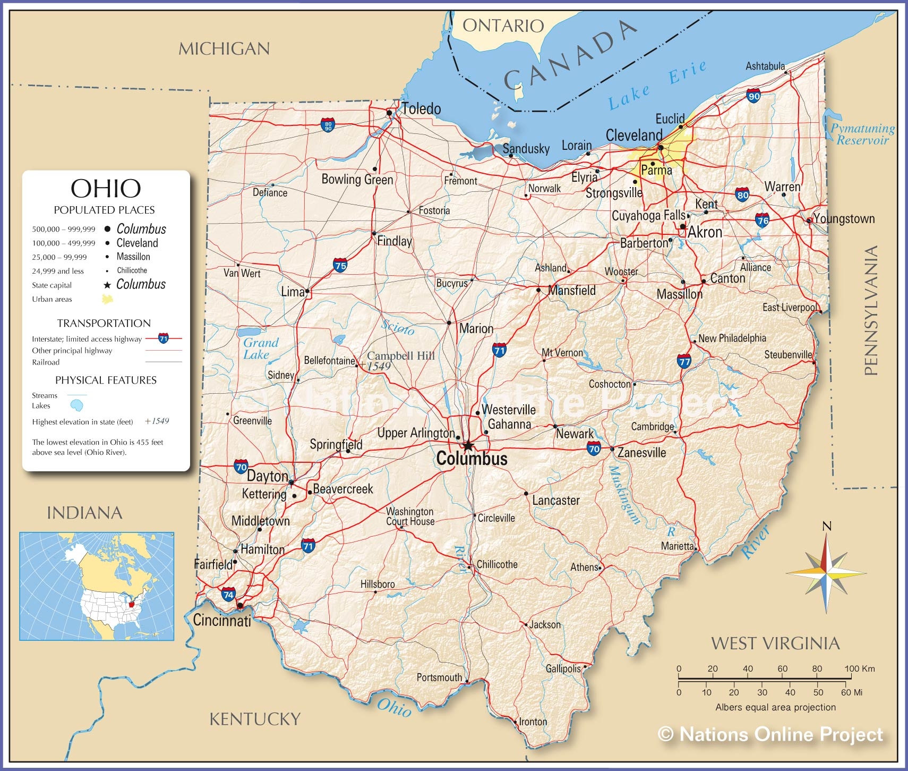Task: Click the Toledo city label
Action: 421,109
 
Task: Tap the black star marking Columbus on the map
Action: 467,446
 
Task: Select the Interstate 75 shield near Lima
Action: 340,265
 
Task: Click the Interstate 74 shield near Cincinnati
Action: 228,594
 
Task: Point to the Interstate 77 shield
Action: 684,361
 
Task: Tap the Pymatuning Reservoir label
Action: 862,134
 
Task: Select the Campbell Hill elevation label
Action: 400,356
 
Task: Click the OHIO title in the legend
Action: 106,189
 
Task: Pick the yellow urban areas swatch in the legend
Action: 107,299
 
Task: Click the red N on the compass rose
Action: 826,527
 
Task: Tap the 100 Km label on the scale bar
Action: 859,668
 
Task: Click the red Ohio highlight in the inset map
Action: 132,604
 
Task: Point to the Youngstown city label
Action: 844,218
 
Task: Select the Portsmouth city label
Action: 439,677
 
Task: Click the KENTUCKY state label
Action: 255,719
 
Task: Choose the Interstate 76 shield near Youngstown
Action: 762,219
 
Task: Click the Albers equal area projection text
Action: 775,707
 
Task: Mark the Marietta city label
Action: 677,546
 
